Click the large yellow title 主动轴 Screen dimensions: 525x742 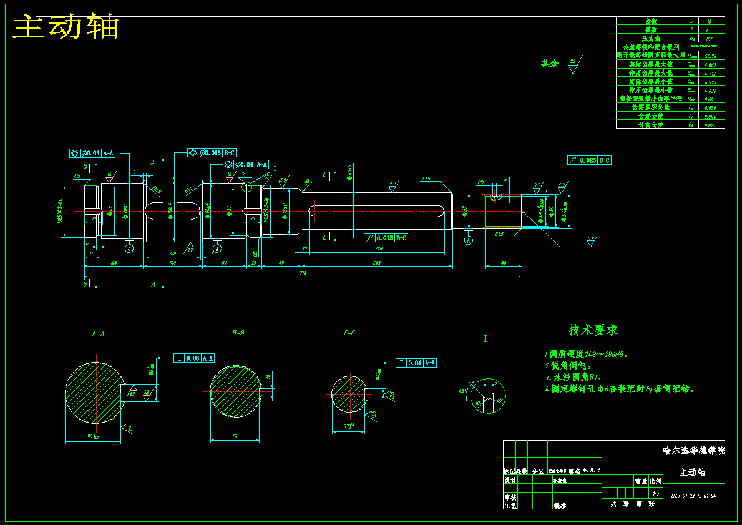click(66, 27)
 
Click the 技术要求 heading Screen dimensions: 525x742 click(593, 330)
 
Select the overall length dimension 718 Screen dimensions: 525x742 click(303, 273)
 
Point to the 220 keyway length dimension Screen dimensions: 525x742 click(378, 248)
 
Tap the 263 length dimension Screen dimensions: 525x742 click(376, 263)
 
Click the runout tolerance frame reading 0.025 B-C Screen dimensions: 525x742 click(589, 160)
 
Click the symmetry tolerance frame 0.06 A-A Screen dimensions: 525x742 click(194, 358)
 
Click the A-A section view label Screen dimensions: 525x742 click(98, 334)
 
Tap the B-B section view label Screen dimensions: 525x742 click(238, 333)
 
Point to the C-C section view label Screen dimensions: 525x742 click(349, 333)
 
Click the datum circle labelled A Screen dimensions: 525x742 click(469, 240)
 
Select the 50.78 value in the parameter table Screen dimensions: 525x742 click(710, 56)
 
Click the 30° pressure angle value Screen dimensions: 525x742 click(710, 39)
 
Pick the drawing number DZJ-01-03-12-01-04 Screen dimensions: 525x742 click(693, 496)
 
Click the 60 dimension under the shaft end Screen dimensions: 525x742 click(504, 263)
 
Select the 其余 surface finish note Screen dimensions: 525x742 click(550, 64)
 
